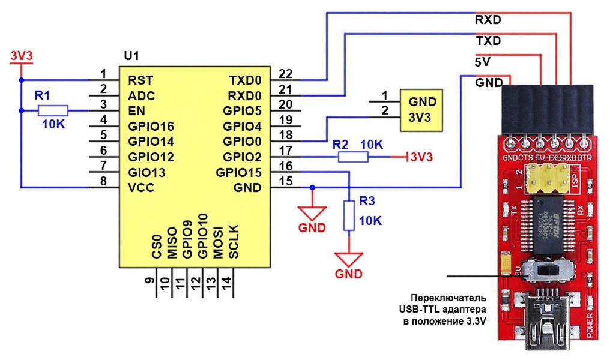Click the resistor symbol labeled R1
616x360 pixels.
point(53,111)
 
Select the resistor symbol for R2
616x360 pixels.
point(353,157)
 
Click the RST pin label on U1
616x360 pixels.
point(140,80)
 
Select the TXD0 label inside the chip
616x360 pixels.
point(245,80)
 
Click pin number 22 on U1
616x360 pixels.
point(286,74)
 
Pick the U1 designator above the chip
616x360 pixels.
point(131,56)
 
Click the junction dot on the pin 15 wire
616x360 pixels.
point(312,188)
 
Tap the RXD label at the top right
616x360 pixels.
point(487,20)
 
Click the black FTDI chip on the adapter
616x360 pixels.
point(549,223)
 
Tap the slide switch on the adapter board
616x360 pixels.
point(547,269)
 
